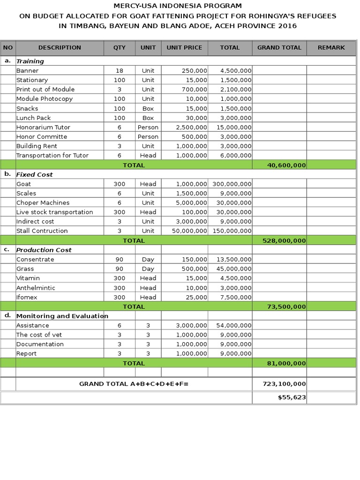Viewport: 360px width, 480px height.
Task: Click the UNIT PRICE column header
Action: click(184, 47)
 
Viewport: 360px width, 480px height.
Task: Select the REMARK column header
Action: click(331, 47)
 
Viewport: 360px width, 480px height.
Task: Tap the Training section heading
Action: click(30, 61)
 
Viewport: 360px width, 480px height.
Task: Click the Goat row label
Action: click(23, 184)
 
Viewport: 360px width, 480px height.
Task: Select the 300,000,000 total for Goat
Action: click(232, 184)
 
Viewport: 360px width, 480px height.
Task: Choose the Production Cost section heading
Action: click(44, 250)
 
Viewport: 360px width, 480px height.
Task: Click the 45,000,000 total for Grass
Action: click(234, 269)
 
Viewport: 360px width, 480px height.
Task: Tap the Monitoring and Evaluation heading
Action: click(62, 316)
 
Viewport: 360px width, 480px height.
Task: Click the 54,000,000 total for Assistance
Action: click(234, 325)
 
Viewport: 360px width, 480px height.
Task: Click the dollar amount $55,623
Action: click(292, 397)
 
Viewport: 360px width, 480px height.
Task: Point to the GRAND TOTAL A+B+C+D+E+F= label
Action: click(134, 383)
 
